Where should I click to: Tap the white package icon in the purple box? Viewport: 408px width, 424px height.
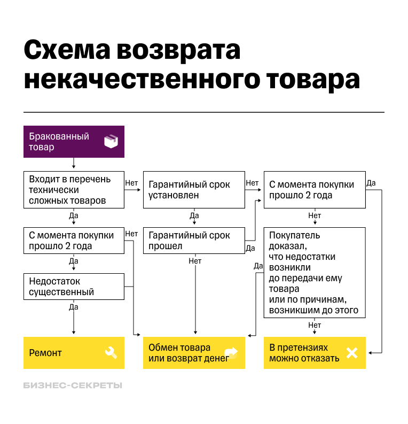click(111, 142)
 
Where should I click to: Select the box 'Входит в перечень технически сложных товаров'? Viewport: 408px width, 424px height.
click(74, 190)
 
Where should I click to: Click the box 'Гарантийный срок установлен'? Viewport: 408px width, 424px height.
click(194, 190)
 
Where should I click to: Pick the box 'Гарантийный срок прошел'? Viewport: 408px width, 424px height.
click(194, 241)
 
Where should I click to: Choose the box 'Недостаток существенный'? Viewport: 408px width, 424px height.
click(74, 287)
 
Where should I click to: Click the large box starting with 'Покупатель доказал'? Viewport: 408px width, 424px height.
click(315, 273)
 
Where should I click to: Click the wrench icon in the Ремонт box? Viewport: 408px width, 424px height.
click(111, 353)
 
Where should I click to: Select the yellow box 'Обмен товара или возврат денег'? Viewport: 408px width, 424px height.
click(194, 353)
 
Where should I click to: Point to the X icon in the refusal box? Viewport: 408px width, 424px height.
click(352, 353)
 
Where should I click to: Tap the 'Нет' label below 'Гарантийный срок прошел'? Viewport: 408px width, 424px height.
click(195, 261)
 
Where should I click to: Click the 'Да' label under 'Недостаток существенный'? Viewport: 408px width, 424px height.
click(74, 307)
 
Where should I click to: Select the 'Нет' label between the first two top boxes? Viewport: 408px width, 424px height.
click(131, 183)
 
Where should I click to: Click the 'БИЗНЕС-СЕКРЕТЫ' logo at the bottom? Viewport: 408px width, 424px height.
click(73, 385)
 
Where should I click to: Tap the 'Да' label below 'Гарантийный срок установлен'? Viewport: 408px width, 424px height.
click(194, 215)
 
